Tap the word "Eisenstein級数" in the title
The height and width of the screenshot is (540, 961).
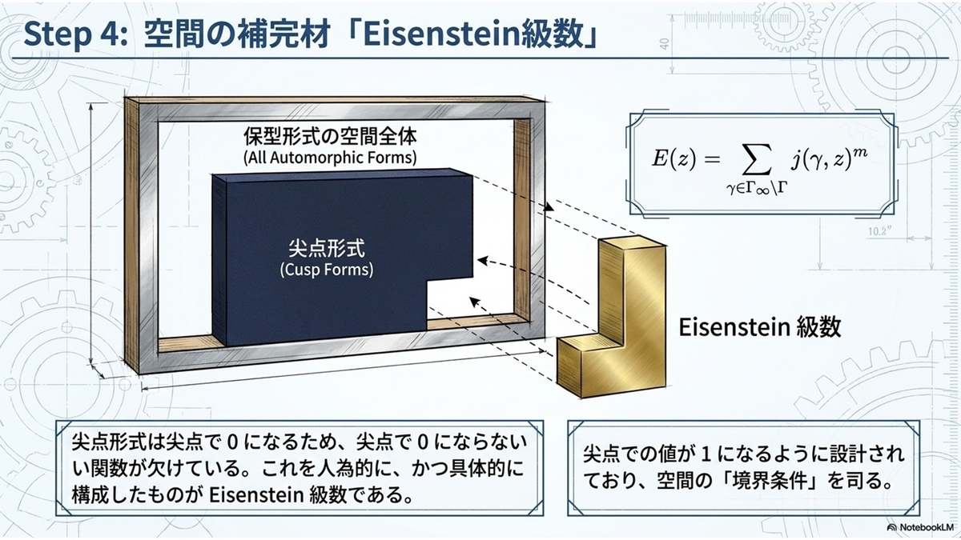(x=472, y=34)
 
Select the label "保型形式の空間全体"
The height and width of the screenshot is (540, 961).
(x=330, y=136)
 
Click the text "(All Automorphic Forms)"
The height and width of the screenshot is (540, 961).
(x=330, y=158)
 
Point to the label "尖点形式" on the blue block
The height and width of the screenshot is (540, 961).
(x=327, y=248)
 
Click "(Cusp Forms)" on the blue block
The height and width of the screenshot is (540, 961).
(x=327, y=270)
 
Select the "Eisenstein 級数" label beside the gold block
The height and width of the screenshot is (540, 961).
(x=760, y=327)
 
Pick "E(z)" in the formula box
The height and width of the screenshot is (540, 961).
(x=674, y=159)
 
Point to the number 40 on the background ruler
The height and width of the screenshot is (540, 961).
(x=665, y=44)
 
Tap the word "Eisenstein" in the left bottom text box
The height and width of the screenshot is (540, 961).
(x=256, y=495)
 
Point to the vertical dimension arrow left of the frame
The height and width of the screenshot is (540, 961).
(x=91, y=234)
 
